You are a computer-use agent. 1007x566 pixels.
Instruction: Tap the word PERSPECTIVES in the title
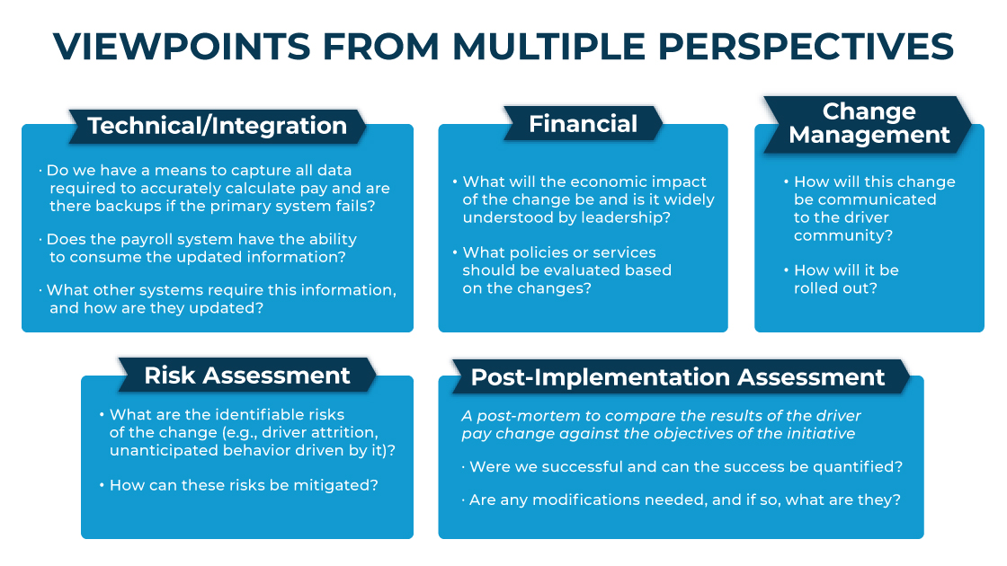coord(806,46)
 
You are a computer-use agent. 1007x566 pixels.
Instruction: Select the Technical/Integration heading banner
coord(217,126)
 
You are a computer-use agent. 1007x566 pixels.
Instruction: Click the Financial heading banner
coord(584,123)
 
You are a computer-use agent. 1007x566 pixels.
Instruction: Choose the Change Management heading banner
coord(869,124)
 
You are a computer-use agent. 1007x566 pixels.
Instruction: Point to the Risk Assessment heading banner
coord(247,375)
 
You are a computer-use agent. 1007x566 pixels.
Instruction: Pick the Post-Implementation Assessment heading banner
coord(678,376)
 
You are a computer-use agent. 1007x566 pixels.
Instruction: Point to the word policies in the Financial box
coord(539,252)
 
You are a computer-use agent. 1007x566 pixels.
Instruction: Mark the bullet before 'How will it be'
coord(786,270)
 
